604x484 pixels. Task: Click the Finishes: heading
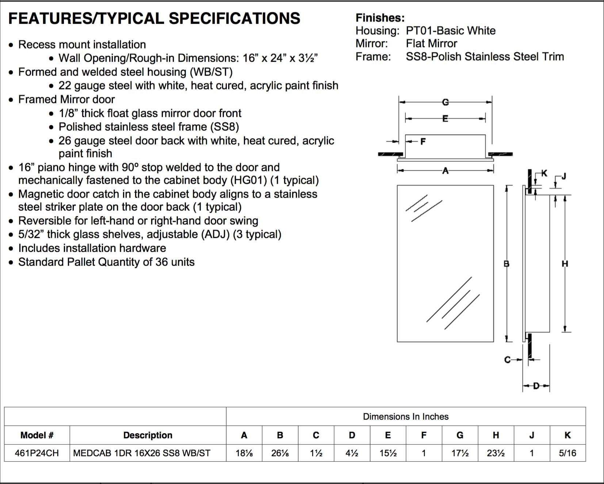(x=380, y=18)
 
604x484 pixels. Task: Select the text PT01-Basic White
(x=450, y=31)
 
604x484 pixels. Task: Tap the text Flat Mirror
(x=431, y=44)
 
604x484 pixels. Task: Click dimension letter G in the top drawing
(x=445, y=102)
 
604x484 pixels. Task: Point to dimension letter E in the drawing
(x=445, y=118)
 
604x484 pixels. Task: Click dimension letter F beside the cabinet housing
(x=423, y=141)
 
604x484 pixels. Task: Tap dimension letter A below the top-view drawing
(x=445, y=170)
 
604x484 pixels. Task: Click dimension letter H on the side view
(x=565, y=264)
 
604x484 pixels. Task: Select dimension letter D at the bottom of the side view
(x=536, y=386)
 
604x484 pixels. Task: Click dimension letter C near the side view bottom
(x=507, y=360)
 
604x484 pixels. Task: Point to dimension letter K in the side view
(x=544, y=173)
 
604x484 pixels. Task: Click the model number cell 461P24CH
(x=37, y=453)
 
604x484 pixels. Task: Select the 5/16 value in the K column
(x=567, y=453)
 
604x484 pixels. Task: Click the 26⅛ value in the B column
(x=280, y=453)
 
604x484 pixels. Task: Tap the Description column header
(x=148, y=435)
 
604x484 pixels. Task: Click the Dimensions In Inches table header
(x=405, y=416)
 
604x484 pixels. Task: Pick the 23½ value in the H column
(x=496, y=453)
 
